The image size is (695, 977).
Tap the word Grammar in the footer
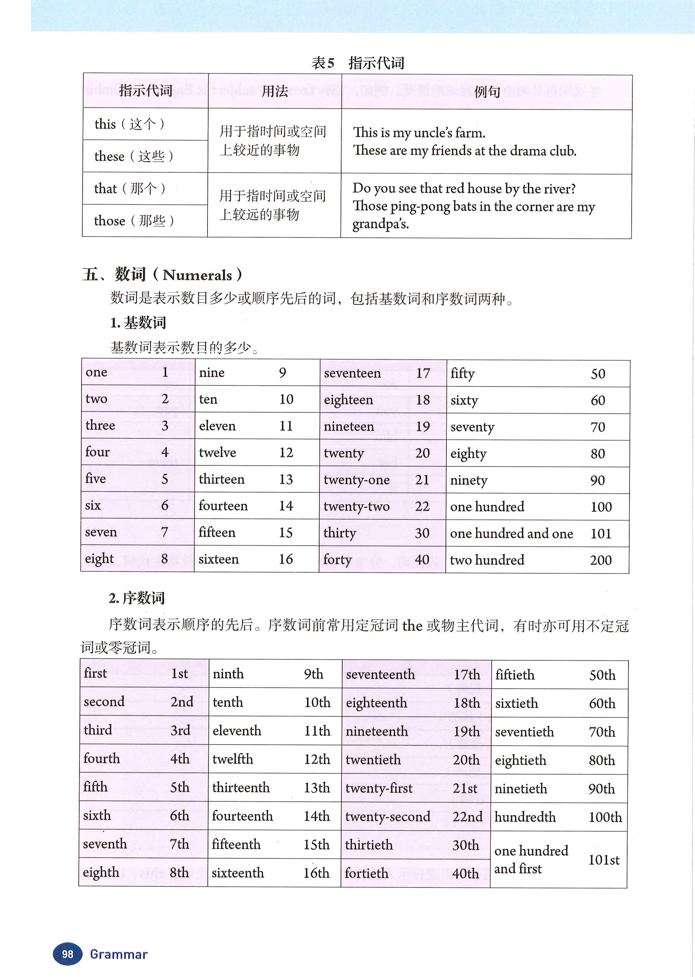(x=119, y=954)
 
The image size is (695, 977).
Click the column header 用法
(x=274, y=91)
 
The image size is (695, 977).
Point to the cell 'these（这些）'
(x=134, y=156)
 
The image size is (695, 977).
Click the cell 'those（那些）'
(x=134, y=221)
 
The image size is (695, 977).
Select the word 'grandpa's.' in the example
(x=380, y=224)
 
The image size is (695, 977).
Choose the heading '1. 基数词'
(x=138, y=322)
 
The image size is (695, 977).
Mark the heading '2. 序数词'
(x=136, y=598)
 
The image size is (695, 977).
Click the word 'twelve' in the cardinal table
(x=218, y=453)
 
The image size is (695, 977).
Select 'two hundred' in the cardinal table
(x=487, y=560)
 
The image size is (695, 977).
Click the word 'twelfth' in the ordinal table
(x=232, y=759)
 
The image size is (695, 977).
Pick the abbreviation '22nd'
(x=467, y=817)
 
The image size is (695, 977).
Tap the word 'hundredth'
(x=525, y=817)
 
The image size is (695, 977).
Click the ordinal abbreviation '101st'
(x=604, y=860)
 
